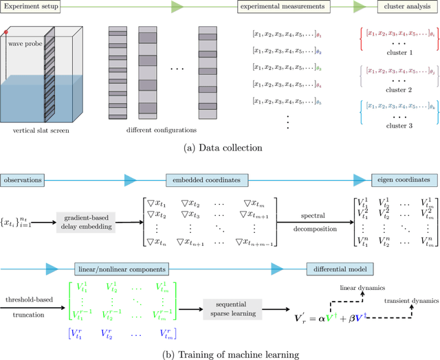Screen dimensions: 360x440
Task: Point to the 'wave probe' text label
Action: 24,43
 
